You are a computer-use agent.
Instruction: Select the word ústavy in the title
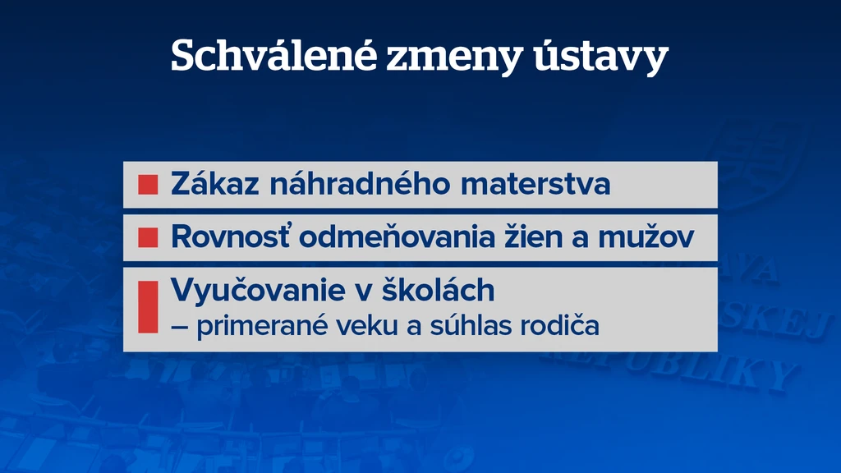[x=600, y=55]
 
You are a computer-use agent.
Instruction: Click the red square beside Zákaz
[x=148, y=185]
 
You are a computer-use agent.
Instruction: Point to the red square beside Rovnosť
[x=148, y=237]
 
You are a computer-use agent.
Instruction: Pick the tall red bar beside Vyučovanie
[x=148, y=307]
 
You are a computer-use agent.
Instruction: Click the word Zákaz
[x=215, y=183]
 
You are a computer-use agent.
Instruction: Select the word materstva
[x=535, y=185]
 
